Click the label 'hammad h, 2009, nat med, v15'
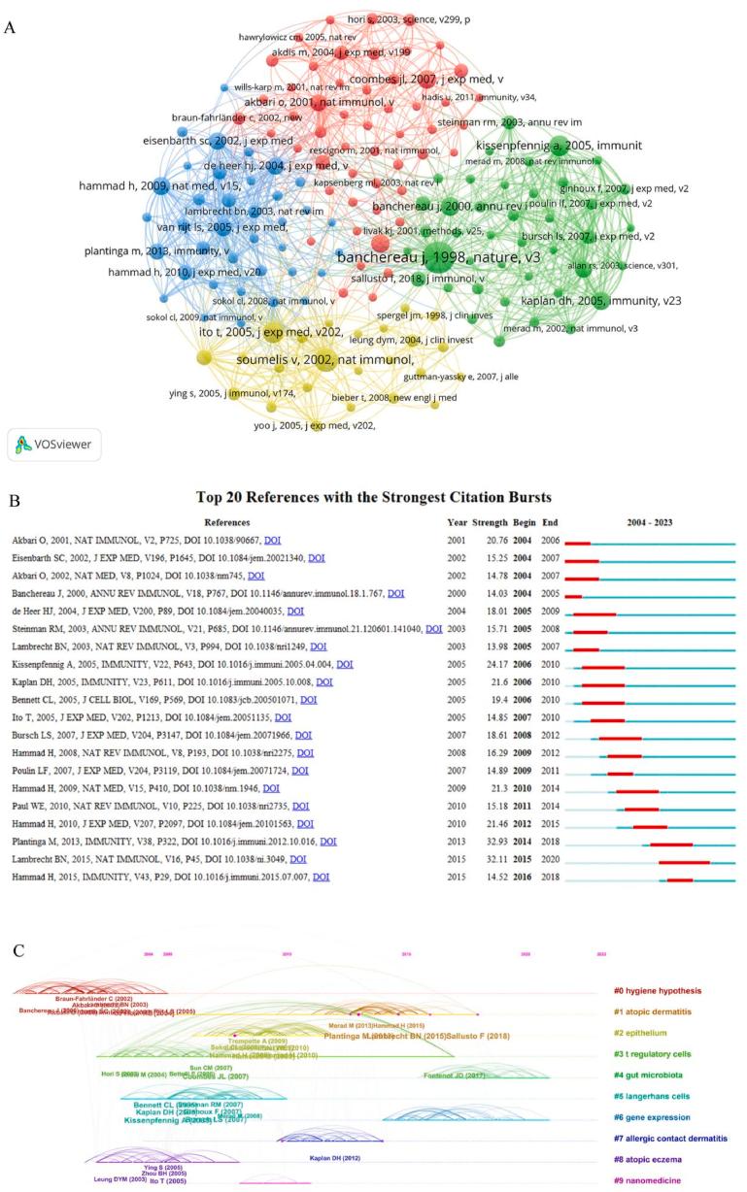tap(147, 185)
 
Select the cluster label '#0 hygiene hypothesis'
tap(657, 991)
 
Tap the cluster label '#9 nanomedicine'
tap(646, 1181)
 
